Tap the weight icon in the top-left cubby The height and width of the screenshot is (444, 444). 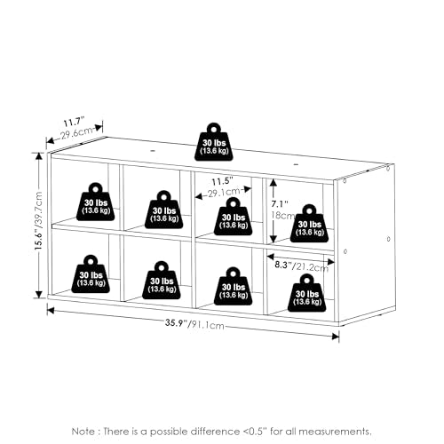click(95, 202)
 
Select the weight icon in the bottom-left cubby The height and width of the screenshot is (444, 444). click(91, 274)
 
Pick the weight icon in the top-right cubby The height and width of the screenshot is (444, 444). click(309, 224)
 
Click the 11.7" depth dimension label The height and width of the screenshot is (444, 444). click(75, 122)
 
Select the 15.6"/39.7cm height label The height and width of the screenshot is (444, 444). click(39, 221)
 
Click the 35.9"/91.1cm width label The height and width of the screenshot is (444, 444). click(194, 324)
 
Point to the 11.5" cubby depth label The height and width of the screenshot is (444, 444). click(222, 181)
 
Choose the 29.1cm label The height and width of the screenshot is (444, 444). click(224, 193)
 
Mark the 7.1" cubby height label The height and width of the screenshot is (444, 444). click(280, 204)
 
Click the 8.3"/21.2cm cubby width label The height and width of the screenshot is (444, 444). click(302, 266)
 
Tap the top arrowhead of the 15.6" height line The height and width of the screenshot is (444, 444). click(39, 155)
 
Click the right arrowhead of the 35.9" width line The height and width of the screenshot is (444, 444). click(336, 337)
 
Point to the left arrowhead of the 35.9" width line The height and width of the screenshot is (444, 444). click(51, 311)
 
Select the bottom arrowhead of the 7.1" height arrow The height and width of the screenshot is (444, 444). click(274, 239)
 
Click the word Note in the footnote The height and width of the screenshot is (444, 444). click(83, 432)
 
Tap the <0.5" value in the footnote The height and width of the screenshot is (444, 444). click(253, 432)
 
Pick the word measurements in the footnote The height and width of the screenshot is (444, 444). click(335, 432)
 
